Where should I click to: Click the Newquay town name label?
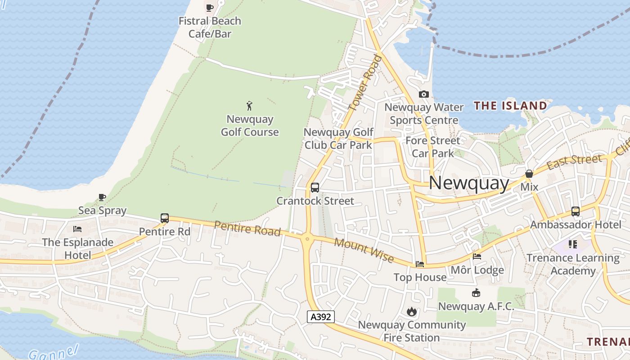[x=468, y=183]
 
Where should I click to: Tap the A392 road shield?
[x=321, y=317]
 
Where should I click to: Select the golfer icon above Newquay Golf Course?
[x=249, y=106]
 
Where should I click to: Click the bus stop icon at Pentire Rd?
[x=165, y=218]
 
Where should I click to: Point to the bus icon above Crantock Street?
[x=315, y=188]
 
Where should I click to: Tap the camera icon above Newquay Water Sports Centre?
[x=423, y=94]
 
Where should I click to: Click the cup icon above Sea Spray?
[x=102, y=197]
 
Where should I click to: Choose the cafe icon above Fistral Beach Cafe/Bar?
[x=210, y=8]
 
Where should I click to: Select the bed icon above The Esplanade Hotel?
[x=77, y=229]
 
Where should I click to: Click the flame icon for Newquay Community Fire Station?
[x=411, y=311]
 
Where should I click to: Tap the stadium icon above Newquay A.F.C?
[x=476, y=293]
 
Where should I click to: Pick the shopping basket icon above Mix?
[x=529, y=174]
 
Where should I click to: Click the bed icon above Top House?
[x=420, y=264]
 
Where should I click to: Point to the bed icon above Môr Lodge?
[x=477, y=256]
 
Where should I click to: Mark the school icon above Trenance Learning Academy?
[x=573, y=244]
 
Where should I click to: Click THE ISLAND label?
[x=510, y=106]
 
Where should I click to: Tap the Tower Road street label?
[x=365, y=84]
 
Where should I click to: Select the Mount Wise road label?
[x=364, y=251]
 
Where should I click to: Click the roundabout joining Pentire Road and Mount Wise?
[x=308, y=238]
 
